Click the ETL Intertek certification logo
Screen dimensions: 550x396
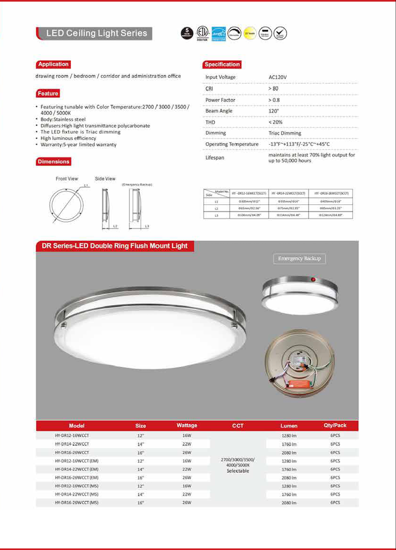pos(203,33)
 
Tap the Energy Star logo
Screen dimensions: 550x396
pos(219,33)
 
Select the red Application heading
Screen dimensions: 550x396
pos(53,64)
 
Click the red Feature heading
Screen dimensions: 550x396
pos(48,93)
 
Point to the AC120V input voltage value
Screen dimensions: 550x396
pos(277,77)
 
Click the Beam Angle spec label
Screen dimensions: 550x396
pos(219,111)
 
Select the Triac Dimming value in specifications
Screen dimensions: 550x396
pos(285,133)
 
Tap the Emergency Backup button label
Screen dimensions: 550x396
pos(299,258)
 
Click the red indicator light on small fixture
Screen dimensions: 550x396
pos(313,279)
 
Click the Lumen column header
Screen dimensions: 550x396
pos(289,426)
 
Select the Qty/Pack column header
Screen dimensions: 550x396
pos(335,425)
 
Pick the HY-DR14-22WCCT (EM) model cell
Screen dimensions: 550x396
pos(77,469)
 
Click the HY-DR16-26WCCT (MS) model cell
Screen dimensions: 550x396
pos(77,503)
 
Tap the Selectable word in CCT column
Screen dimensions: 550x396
pos(238,471)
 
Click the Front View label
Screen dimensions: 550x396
pos(67,179)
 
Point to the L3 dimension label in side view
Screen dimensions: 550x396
pos(147,226)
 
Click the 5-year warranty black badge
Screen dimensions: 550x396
pos(187,33)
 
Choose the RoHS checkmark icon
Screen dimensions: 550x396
pos(280,33)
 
